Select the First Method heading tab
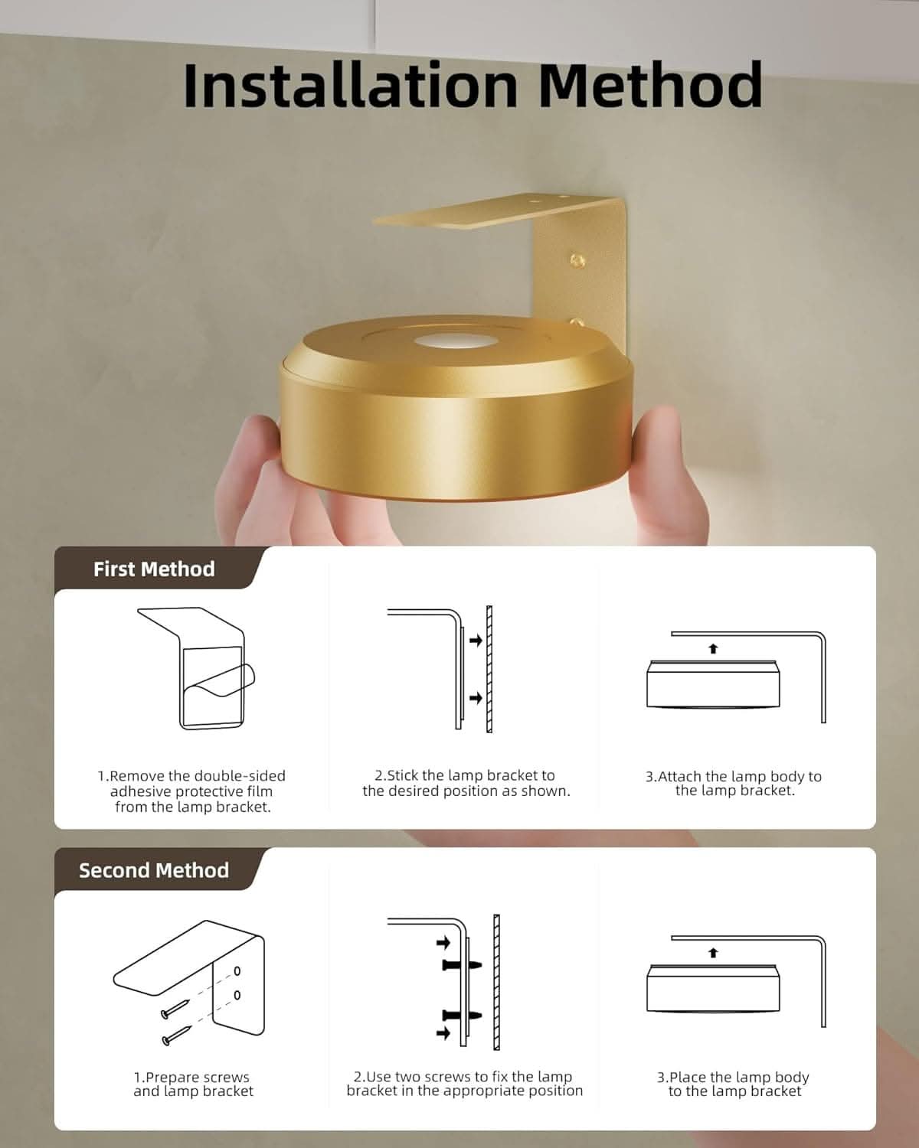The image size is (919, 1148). pyautogui.click(x=155, y=569)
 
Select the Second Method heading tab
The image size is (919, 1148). pyautogui.click(x=155, y=871)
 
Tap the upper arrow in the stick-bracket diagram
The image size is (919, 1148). pyautogui.click(x=476, y=640)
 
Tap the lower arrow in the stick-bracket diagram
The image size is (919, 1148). pyautogui.click(x=476, y=698)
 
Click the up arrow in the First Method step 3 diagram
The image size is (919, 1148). pyautogui.click(x=713, y=648)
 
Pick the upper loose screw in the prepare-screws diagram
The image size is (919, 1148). pyautogui.click(x=175, y=1008)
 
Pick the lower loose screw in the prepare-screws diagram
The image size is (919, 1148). pyautogui.click(x=177, y=1035)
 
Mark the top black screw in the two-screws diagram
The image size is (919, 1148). pyautogui.click(x=462, y=964)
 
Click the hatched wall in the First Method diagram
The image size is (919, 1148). pyautogui.click(x=489, y=669)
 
